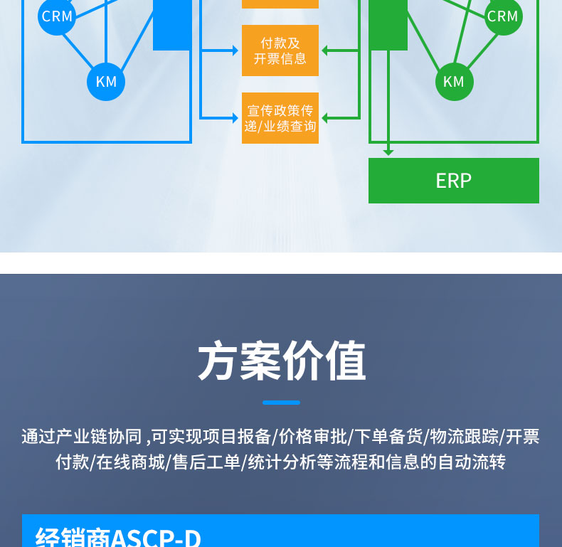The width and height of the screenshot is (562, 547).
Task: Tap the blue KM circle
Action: click(x=106, y=82)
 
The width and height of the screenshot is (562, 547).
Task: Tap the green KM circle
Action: click(x=454, y=82)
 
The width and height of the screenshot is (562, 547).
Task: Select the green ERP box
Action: click(x=453, y=181)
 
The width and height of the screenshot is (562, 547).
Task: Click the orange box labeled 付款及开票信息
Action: click(x=280, y=51)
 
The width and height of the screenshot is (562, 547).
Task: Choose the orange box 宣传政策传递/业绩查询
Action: click(x=280, y=118)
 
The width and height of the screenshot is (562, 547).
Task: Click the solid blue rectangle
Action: click(x=172, y=25)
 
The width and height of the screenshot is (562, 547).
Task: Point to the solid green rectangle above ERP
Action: click(x=388, y=25)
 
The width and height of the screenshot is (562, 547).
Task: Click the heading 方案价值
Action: click(x=281, y=362)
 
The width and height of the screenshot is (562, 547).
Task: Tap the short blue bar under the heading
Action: click(x=281, y=403)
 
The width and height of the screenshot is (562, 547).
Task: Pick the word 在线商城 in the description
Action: click(x=132, y=462)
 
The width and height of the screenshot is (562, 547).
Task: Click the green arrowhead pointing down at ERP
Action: click(x=388, y=152)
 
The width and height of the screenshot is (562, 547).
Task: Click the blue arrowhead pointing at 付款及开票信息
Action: click(x=235, y=51)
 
